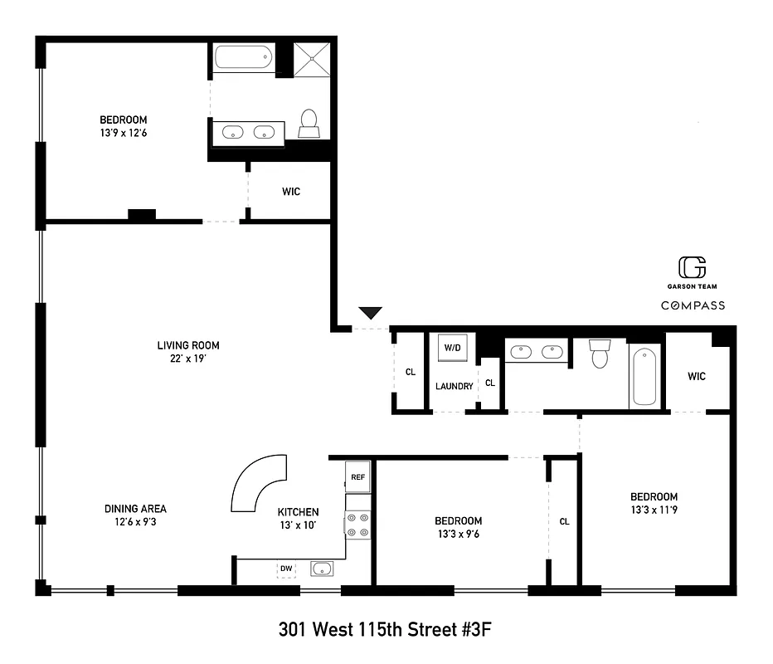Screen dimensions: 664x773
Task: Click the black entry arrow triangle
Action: (x=370, y=313)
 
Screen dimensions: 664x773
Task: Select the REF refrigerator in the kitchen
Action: (x=358, y=477)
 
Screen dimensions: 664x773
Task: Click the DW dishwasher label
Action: (x=287, y=569)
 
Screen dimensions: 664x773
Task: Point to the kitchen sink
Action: (x=322, y=569)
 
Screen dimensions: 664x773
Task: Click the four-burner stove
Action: (x=358, y=524)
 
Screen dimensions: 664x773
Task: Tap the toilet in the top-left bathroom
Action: (x=309, y=124)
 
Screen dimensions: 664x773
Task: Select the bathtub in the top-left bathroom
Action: (x=243, y=58)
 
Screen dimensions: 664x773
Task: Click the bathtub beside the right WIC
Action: (x=644, y=377)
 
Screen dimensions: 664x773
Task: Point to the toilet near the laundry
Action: (x=599, y=354)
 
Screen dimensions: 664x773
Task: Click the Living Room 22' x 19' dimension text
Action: (x=188, y=359)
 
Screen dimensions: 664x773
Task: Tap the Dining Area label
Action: (x=136, y=509)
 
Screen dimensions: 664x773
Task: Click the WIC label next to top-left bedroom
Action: (x=290, y=192)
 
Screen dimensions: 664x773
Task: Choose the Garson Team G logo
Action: (x=693, y=267)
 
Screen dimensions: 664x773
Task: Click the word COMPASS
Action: (x=693, y=305)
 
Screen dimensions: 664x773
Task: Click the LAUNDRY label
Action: (x=455, y=386)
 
